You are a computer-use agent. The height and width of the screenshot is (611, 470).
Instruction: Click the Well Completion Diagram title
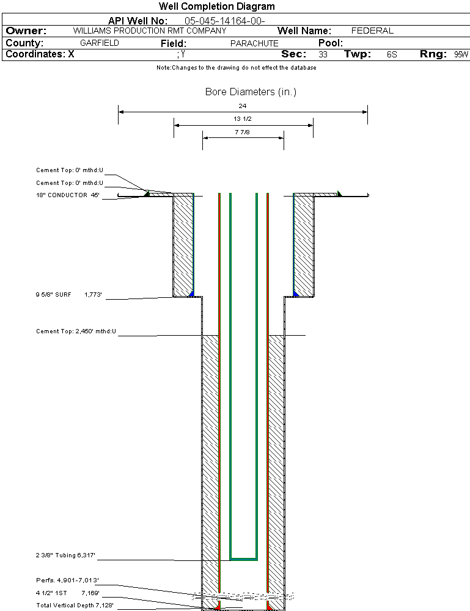(216, 6)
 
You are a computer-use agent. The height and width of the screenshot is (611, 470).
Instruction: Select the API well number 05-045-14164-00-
(225, 21)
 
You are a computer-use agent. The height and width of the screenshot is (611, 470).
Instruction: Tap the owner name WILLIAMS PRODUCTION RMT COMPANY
(150, 31)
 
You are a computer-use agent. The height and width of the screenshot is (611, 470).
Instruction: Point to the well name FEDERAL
(372, 31)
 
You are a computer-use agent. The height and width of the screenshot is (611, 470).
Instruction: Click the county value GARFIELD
(100, 43)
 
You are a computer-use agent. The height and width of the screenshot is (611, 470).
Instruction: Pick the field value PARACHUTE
(254, 43)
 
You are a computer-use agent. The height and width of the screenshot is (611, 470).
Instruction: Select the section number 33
(323, 54)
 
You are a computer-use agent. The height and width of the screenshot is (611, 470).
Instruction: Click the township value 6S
(392, 54)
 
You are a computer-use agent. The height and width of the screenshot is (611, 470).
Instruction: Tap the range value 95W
(461, 54)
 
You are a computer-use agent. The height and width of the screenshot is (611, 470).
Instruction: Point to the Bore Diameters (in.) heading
(251, 92)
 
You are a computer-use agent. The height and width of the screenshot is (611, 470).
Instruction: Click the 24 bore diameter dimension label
(243, 106)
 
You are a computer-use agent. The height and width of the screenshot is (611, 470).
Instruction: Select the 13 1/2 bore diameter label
(243, 119)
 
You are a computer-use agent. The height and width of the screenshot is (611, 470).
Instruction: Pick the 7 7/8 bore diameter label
(242, 132)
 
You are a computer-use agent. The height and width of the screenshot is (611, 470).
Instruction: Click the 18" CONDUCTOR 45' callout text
(68, 195)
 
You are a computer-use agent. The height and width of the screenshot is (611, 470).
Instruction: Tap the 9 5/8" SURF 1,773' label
(68, 295)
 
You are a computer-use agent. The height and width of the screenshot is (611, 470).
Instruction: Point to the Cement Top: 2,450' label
(76, 331)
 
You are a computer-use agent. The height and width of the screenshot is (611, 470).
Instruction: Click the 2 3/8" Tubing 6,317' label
(65, 555)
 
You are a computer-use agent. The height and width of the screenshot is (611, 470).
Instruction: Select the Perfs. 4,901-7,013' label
(67, 580)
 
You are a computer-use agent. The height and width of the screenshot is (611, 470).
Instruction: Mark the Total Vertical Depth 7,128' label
(75, 605)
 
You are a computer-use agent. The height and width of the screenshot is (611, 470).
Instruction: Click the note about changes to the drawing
(237, 67)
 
